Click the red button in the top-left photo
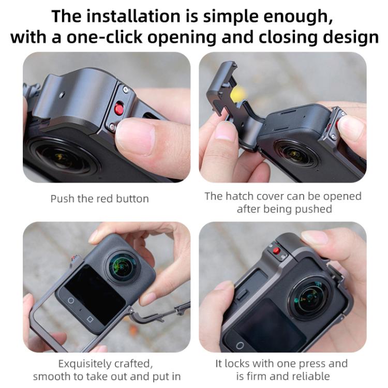[119, 109]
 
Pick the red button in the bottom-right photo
[276, 251]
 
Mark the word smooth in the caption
[51, 376]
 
